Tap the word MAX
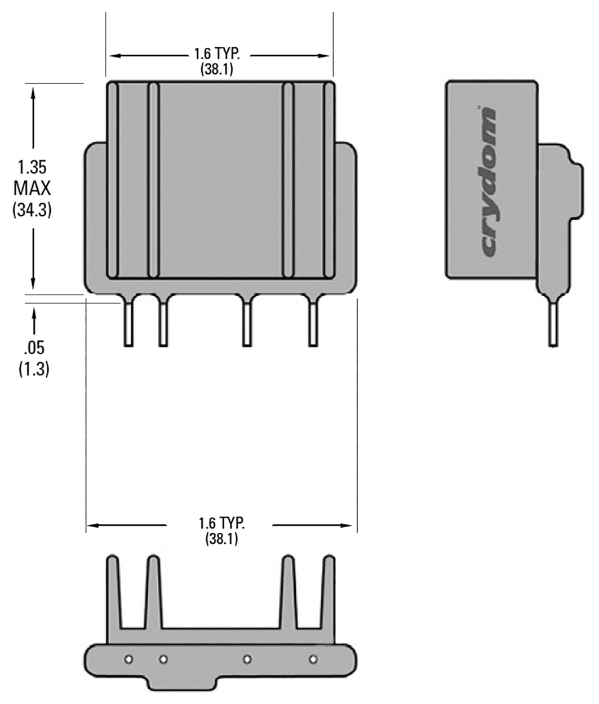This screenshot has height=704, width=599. tap(32, 188)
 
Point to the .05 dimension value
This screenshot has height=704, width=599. tap(34, 347)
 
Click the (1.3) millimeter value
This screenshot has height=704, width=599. tap(34, 369)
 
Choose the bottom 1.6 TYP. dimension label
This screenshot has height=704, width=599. tap(221, 523)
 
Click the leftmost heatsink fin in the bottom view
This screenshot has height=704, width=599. tap(113, 591)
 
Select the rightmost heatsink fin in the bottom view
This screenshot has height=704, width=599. tap(329, 591)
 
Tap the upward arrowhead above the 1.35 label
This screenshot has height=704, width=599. tap(33, 93)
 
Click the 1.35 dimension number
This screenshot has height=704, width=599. tap(32, 167)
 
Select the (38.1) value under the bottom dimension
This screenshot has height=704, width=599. tap(221, 539)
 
